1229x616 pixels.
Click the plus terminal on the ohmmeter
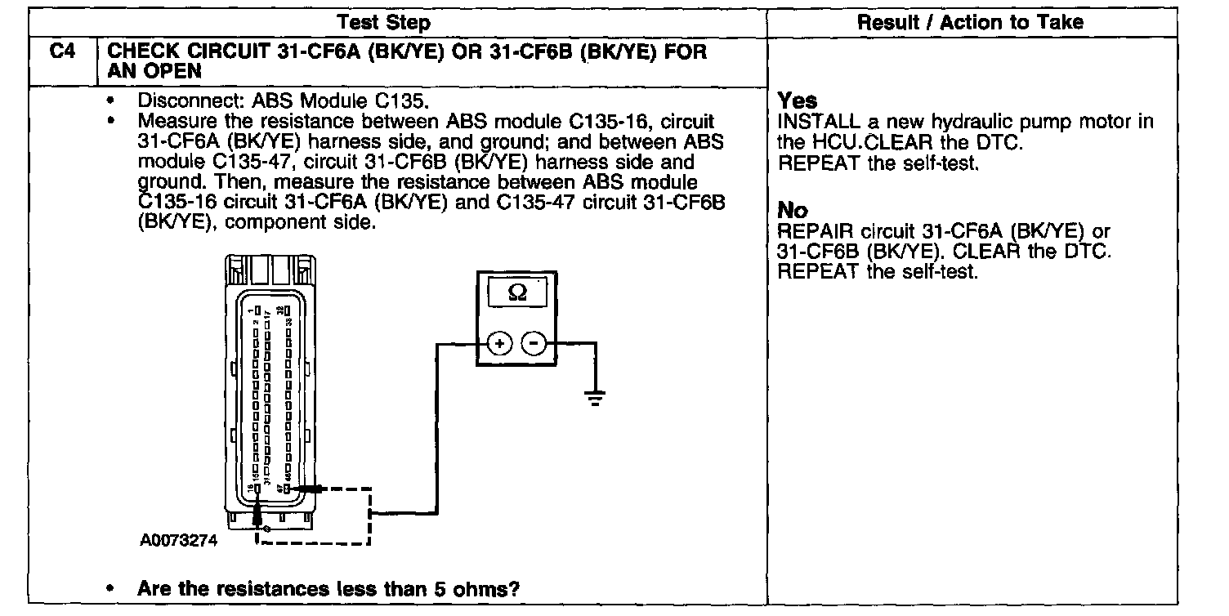(x=498, y=344)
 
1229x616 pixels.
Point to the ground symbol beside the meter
(x=594, y=398)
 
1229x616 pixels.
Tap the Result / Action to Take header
(x=970, y=23)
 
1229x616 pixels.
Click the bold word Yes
(x=797, y=100)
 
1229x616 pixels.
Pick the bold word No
(x=793, y=211)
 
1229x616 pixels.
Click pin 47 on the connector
(x=288, y=489)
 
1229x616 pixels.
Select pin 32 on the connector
(x=288, y=310)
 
